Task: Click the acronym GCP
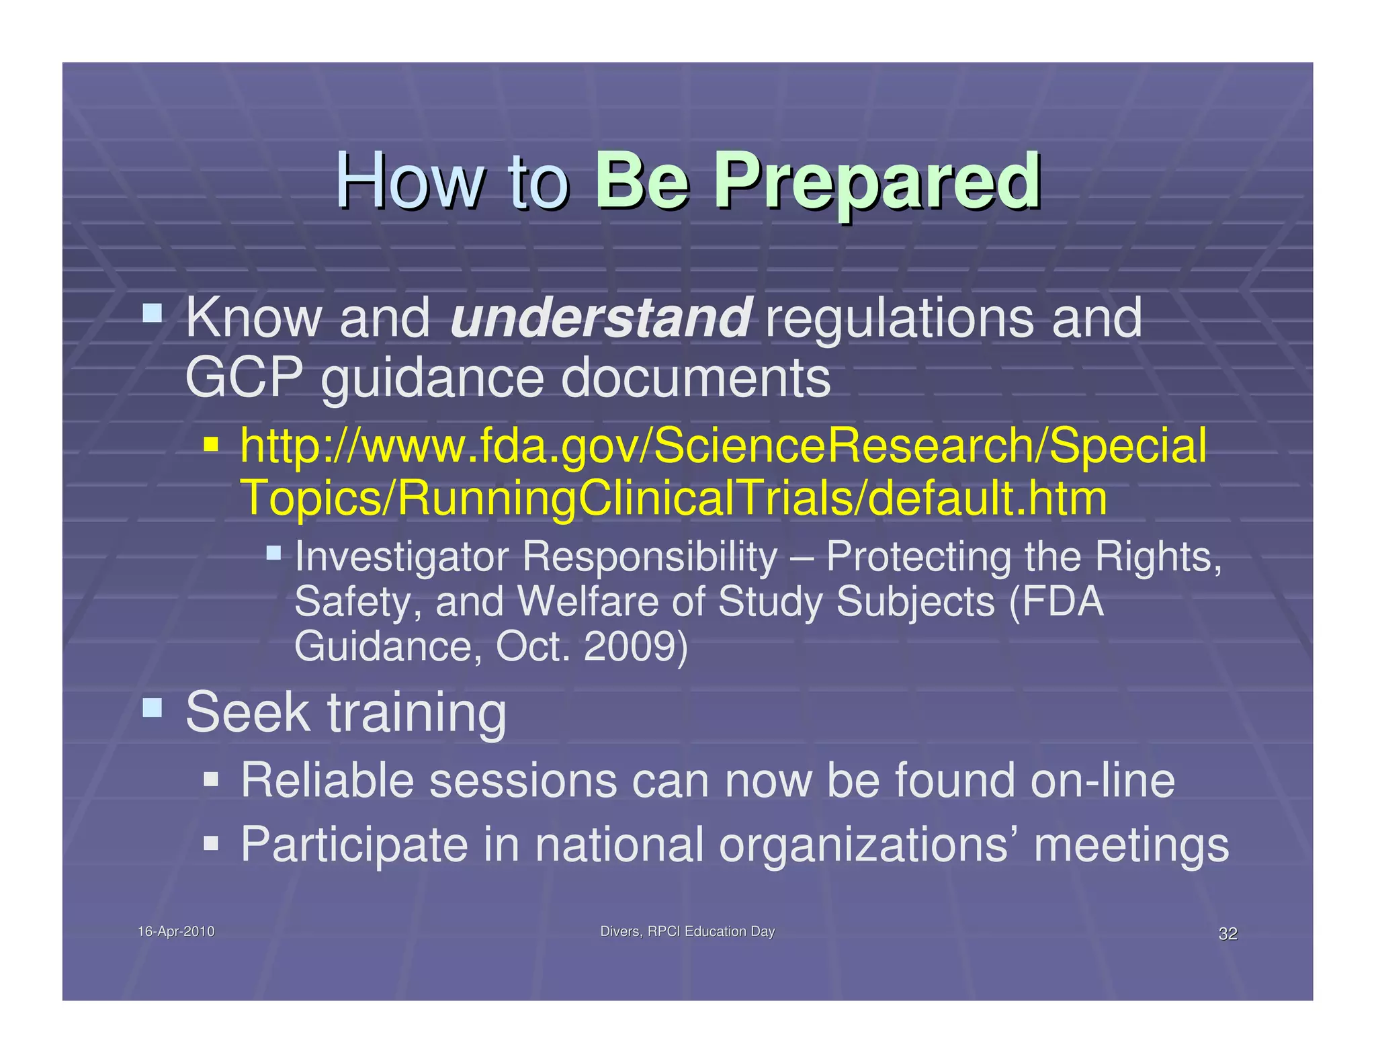point(243,378)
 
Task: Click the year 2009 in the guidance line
point(635,646)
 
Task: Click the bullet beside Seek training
point(153,708)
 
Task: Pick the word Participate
point(354,845)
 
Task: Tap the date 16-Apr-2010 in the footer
point(176,931)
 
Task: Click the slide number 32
point(1228,934)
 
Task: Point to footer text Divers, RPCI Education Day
point(687,931)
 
